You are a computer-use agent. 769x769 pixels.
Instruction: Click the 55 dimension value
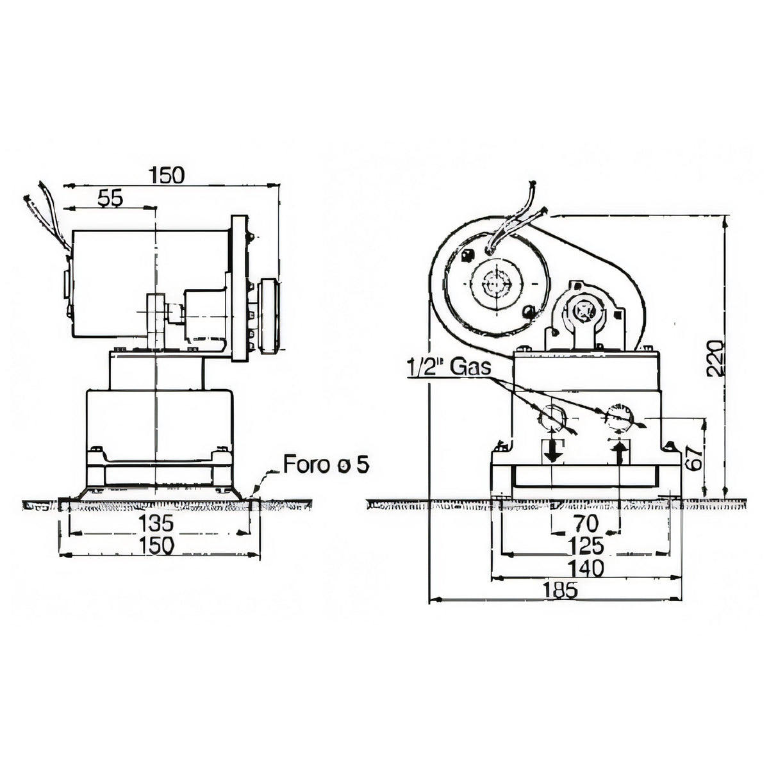tap(110, 198)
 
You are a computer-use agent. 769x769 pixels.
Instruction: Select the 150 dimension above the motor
tap(167, 175)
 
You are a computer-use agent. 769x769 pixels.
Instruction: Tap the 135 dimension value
tap(155, 523)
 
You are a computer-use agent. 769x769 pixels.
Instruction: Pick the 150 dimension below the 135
tap(156, 545)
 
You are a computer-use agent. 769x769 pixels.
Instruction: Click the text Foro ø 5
tap(326, 465)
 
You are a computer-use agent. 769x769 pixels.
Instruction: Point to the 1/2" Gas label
tap(448, 367)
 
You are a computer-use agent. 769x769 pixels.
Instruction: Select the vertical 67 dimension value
tap(695, 457)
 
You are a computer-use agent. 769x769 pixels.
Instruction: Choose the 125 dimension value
tap(586, 547)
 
